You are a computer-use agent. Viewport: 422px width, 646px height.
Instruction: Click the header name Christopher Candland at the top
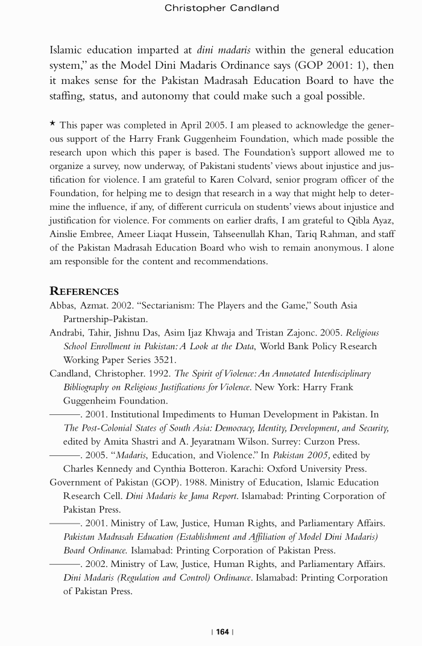pos(221,8)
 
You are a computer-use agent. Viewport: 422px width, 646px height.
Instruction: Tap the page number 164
pos(222,632)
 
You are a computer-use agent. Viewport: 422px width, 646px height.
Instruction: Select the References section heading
pos(84,291)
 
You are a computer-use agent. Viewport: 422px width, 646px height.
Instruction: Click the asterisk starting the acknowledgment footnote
pos(52,124)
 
